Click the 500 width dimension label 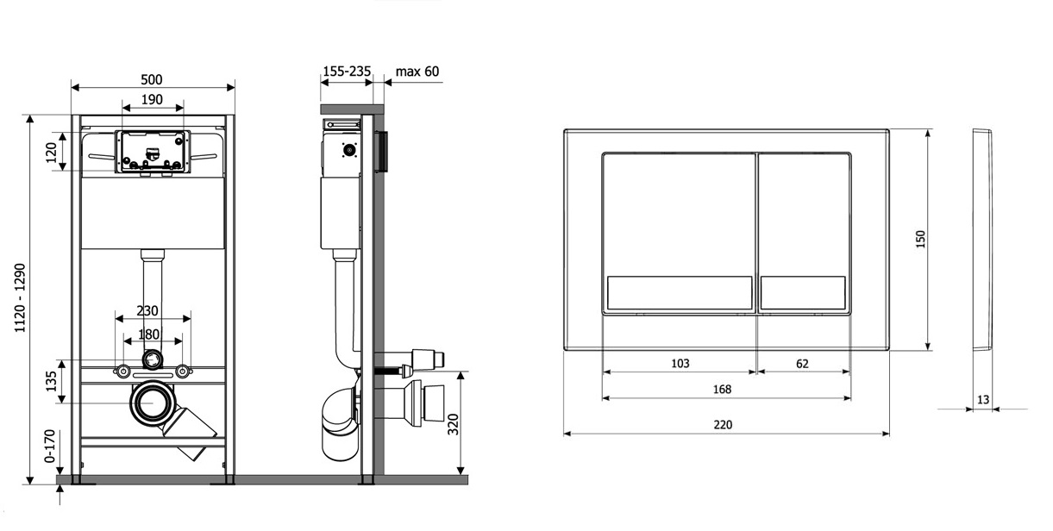(x=152, y=79)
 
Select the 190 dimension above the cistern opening (x=152, y=100)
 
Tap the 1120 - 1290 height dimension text (x=20, y=298)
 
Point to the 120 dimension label (x=51, y=152)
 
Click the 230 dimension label (x=147, y=310)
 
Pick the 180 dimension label (x=148, y=334)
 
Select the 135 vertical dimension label (x=51, y=381)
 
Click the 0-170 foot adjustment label (x=49, y=446)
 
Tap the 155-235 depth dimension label (x=347, y=71)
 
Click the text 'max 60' (x=417, y=72)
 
